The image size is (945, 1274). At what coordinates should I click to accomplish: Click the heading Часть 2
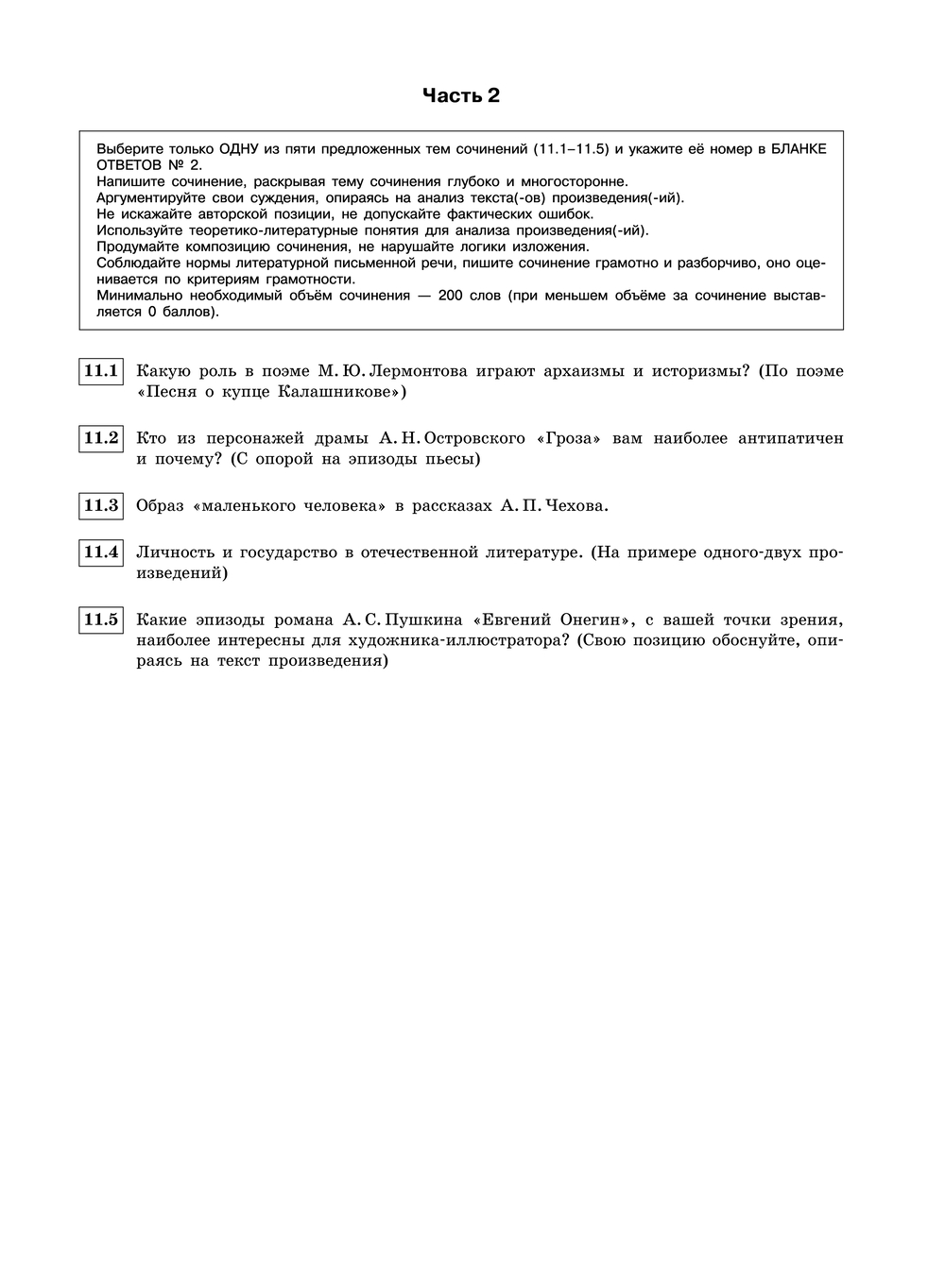460,95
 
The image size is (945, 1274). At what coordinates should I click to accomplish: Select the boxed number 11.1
101,371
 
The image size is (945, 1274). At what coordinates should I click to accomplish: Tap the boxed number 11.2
101,438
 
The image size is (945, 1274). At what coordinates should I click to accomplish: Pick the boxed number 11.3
101,505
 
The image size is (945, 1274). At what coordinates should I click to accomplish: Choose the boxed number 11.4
101,552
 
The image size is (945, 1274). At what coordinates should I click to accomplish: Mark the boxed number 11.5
101,620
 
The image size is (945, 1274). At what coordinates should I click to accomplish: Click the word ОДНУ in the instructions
245,148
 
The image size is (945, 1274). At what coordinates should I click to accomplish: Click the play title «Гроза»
570,438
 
